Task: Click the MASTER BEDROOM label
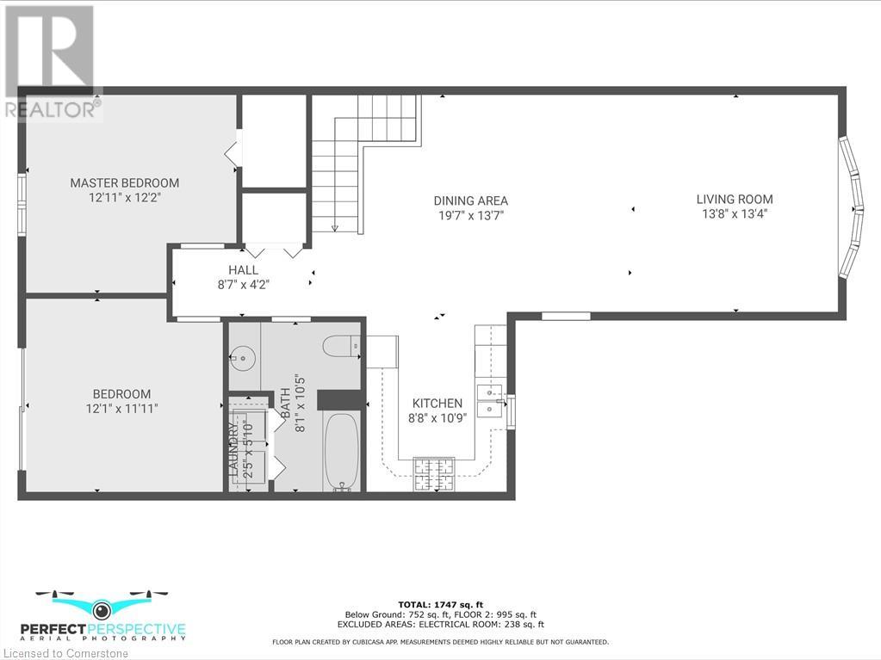tap(125, 182)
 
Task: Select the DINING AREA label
tap(470, 200)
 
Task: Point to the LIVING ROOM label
tap(735, 200)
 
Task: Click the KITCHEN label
tap(437, 403)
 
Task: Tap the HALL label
tap(243, 270)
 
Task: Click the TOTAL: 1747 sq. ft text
tap(441, 603)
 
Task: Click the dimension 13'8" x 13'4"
tap(735, 214)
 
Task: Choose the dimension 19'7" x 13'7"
tap(470, 215)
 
